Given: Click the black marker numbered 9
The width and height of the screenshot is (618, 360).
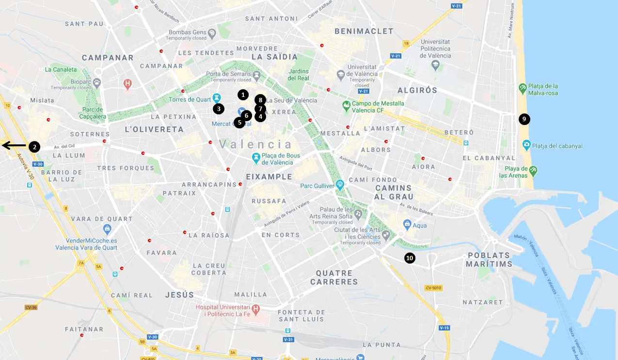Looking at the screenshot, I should pyautogui.click(x=524, y=119).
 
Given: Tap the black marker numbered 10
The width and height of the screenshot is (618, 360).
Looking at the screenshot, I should pyautogui.click(x=410, y=258).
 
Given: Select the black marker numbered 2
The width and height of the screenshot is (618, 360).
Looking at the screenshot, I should pyautogui.click(x=34, y=146).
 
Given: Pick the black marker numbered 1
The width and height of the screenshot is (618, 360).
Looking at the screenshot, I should pyautogui.click(x=243, y=95).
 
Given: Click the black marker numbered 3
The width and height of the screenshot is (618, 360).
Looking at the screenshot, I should pyautogui.click(x=219, y=109).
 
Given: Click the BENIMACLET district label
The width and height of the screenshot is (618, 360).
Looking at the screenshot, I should pyautogui.click(x=364, y=31).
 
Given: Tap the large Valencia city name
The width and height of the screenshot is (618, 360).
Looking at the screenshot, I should pyautogui.click(x=256, y=144).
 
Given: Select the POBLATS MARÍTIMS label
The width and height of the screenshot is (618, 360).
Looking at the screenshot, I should pyautogui.click(x=489, y=260).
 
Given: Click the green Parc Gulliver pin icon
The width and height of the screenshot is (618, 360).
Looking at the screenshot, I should pyautogui.click(x=340, y=184).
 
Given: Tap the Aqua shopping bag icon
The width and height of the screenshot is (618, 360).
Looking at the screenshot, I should pyautogui.click(x=408, y=224).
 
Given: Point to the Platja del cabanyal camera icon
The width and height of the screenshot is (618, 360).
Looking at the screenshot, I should pyautogui.click(x=526, y=145).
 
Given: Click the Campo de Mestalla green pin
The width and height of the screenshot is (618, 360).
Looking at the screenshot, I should pyautogui.click(x=346, y=105).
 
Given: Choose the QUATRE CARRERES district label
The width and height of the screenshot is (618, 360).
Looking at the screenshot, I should pyautogui.click(x=334, y=278).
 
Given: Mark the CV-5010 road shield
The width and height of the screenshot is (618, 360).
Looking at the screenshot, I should pyautogui.click(x=434, y=288).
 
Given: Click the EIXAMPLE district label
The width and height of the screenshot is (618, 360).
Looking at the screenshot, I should pyautogui.click(x=269, y=177).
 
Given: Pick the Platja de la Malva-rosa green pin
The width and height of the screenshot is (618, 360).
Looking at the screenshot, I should pyautogui.click(x=523, y=88).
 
